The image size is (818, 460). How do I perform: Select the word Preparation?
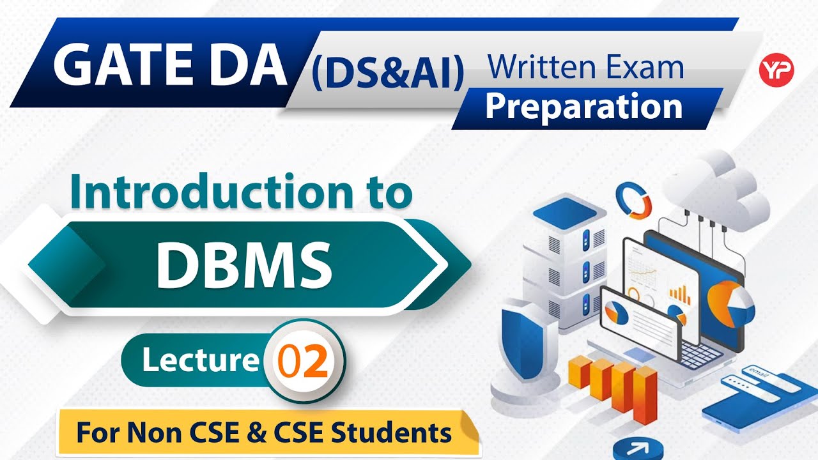(583, 107)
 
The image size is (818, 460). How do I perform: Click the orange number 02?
(303, 362)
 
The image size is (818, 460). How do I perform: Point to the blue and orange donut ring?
(633, 199)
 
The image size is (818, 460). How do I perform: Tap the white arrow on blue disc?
(637, 449)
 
